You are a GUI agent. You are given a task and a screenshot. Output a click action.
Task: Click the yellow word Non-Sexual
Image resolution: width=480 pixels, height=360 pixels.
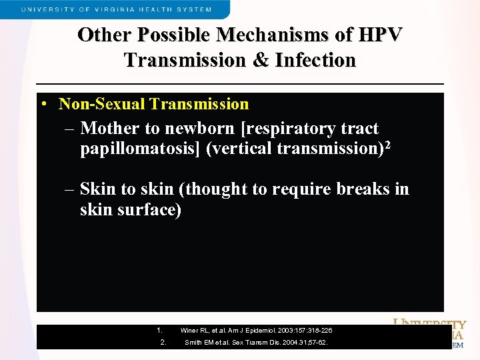[102, 104]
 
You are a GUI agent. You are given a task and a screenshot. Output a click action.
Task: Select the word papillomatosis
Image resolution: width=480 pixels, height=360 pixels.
[141, 149]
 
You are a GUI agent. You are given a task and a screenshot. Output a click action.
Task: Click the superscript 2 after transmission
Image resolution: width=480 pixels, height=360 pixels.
[387, 144]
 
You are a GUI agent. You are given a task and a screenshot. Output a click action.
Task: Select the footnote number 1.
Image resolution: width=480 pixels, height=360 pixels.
[159, 330]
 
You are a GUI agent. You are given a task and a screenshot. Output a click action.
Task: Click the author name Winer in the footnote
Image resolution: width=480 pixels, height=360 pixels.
[189, 331]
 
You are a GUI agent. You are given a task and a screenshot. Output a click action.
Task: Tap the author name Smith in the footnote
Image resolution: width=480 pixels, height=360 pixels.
[193, 343]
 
